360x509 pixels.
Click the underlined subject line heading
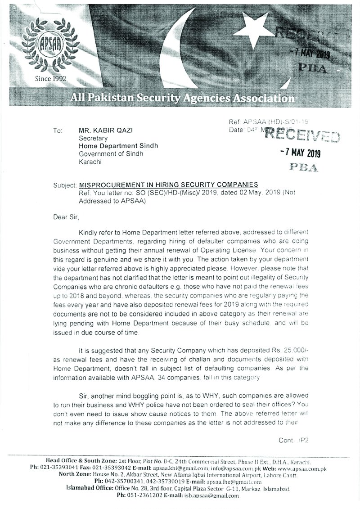point(169,185)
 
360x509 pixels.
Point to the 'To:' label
point(57,131)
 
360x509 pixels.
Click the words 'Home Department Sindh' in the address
point(118,146)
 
